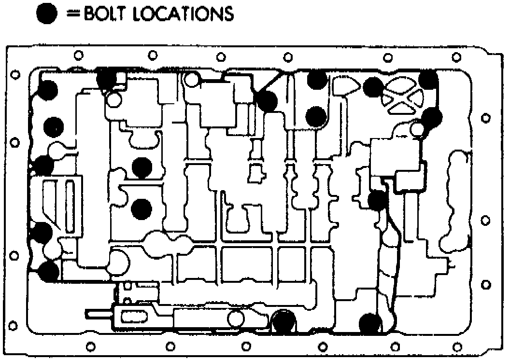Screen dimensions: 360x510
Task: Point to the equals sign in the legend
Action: tap(73, 14)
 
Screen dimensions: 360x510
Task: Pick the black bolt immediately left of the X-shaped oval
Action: tap(373, 87)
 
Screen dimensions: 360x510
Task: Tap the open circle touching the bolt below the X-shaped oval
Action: tap(418, 129)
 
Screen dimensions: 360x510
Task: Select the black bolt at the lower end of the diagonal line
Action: tap(267, 101)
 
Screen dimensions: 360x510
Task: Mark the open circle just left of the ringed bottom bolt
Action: tap(236, 319)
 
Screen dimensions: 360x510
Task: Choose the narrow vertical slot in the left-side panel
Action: tap(70, 205)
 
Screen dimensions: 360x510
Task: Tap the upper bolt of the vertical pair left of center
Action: tap(142, 167)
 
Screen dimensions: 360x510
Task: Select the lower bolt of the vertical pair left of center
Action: tap(142, 208)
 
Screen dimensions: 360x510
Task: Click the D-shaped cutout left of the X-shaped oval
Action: tap(346, 86)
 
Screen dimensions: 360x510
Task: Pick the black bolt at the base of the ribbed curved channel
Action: tap(370, 323)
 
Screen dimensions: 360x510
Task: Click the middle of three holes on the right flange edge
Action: tap(486, 220)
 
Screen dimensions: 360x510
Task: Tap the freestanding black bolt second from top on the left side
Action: tap(54, 127)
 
